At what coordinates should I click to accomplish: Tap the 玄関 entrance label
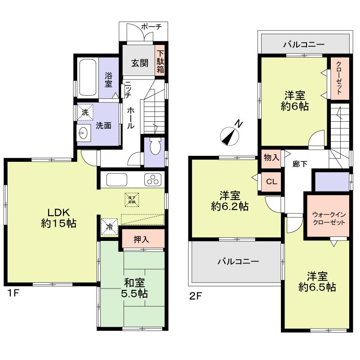click(x=140, y=63)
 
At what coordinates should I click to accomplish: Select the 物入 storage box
click(x=271, y=158)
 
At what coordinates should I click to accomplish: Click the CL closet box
click(x=271, y=182)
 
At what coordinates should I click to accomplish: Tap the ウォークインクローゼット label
click(x=328, y=218)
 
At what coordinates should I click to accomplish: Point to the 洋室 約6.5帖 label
click(x=317, y=282)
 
